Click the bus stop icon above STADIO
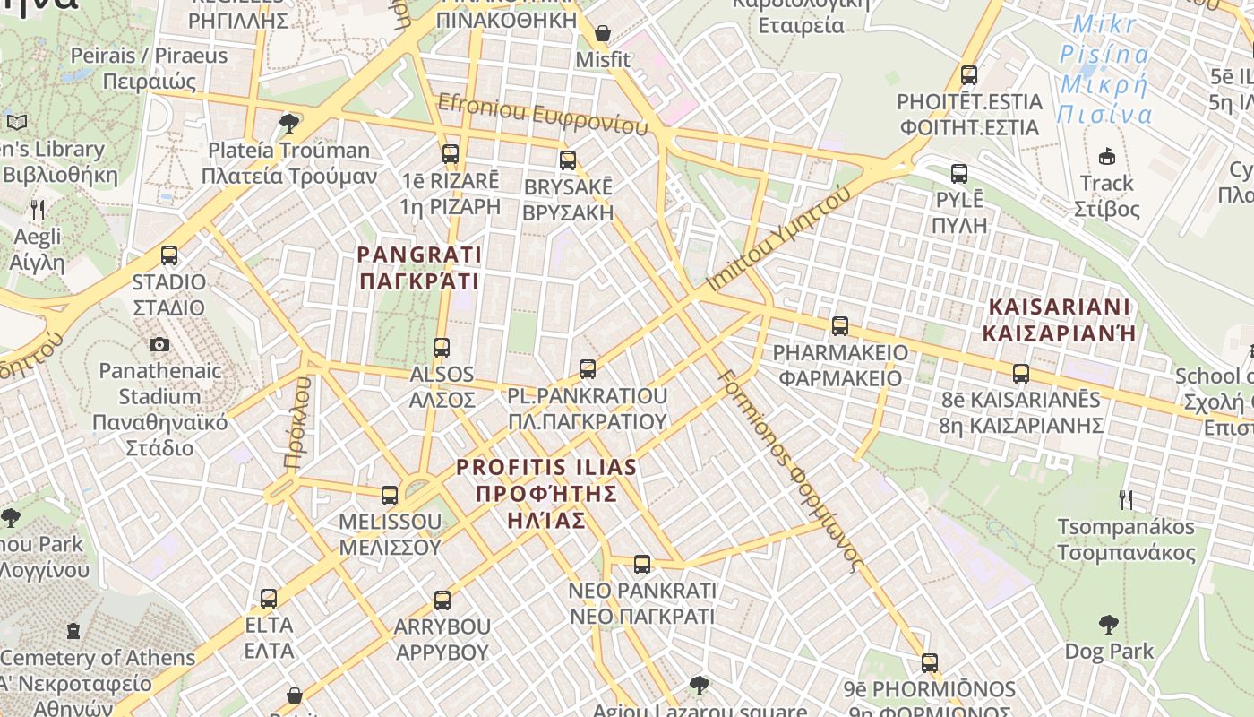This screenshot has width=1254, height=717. point(169,255)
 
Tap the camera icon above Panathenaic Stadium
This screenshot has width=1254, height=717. point(159,344)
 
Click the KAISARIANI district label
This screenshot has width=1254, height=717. point(1060,320)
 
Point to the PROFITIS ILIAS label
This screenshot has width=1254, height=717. point(545,493)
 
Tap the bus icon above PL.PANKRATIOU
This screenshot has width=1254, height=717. point(588,368)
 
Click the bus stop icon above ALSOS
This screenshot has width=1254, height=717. point(441,348)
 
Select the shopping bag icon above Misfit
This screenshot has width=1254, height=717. point(603,34)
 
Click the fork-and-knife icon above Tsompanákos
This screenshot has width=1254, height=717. point(1126,499)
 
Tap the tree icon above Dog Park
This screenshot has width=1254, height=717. point(1108,624)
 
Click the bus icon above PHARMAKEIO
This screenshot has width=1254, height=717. point(839,326)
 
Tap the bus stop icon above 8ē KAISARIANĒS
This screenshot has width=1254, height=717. point(1020,373)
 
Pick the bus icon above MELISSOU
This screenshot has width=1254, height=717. point(389,495)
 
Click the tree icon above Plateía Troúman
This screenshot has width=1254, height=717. point(288,123)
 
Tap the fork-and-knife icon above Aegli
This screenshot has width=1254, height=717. point(37,210)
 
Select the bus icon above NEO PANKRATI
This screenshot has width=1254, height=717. point(641,565)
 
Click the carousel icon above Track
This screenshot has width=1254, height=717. point(1107,156)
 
